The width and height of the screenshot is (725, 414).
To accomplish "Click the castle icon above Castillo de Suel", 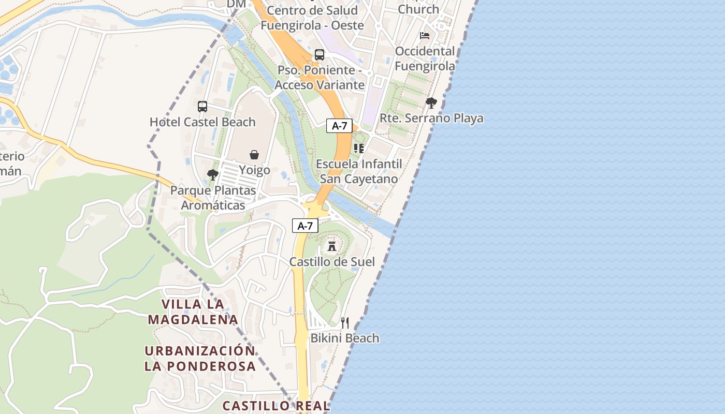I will pyautogui.click(x=332, y=246).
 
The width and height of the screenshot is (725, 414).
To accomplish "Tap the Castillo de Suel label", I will pyautogui.click(x=332, y=262).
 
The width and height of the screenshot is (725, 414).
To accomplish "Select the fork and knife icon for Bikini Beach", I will pyautogui.click(x=345, y=323).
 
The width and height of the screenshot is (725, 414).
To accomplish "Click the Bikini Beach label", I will pyautogui.click(x=345, y=338).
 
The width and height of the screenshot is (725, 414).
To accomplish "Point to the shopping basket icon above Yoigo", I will pyautogui.click(x=254, y=155).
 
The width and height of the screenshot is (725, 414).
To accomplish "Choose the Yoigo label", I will pyautogui.click(x=254, y=170).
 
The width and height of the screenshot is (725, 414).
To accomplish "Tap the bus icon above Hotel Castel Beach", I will pyautogui.click(x=202, y=107).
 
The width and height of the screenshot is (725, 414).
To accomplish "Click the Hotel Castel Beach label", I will pyautogui.click(x=202, y=122).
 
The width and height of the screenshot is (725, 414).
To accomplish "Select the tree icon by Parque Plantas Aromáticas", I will pyautogui.click(x=212, y=175).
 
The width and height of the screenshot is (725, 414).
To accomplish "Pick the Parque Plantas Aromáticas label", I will pyautogui.click(x=213, y=198).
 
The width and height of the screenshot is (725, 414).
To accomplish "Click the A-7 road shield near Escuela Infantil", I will pyautogui.click(x=339, y=125).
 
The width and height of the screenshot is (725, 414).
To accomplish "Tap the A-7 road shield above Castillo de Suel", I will pyautogui.click(x=305, y=226).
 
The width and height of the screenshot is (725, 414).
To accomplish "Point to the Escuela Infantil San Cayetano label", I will pyautogui.click(x=359, y=171).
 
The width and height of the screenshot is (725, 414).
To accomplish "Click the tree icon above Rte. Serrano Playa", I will pyautogui.click(x=431, y=103).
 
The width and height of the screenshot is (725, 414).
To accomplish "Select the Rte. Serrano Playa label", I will pyautogui.click(x=431, y=118).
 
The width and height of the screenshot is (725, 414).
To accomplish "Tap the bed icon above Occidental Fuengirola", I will pyautogui.click(x=425, y=36).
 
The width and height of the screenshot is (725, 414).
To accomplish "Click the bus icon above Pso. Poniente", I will pyautogui.click(x=320, y=55).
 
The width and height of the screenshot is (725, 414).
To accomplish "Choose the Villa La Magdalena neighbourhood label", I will pyautogui.click(x=193, y=312).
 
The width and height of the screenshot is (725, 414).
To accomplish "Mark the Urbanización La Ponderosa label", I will pyautogui.click(x=200, y=358).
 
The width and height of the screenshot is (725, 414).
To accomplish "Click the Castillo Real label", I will pyautogui.click(x=276, y=406).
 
